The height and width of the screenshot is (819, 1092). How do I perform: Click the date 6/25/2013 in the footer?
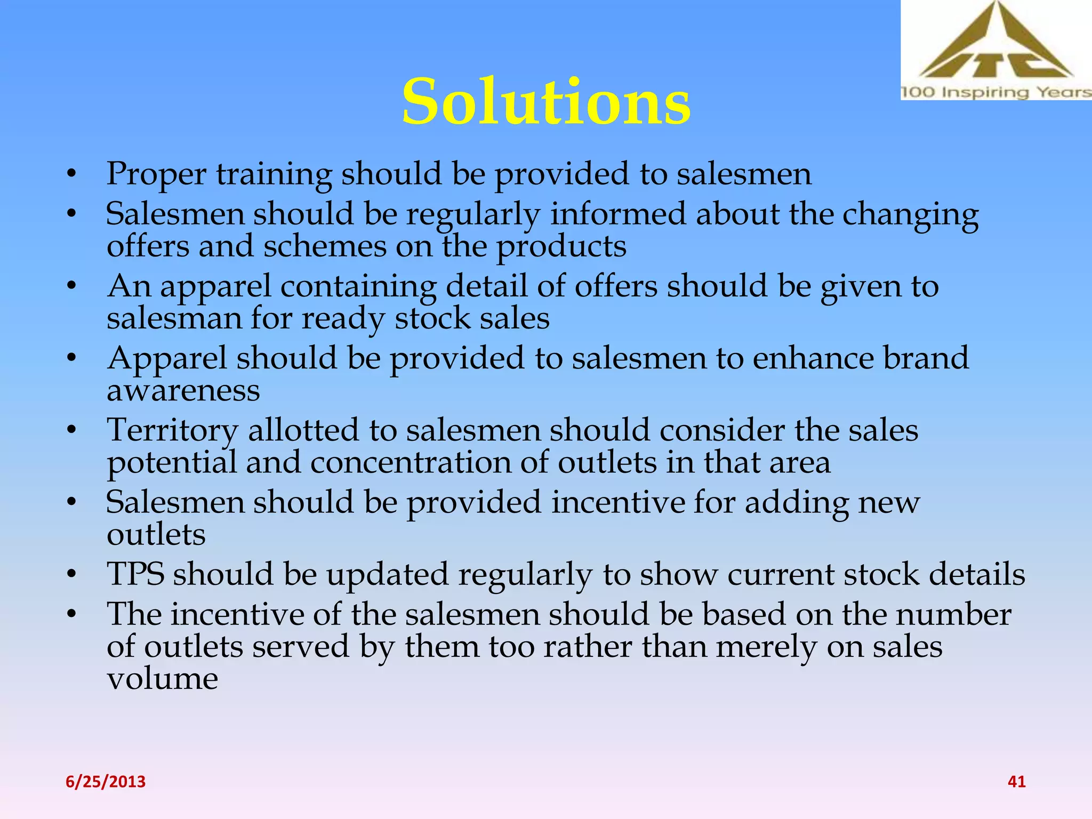pyautogui.click(x=106, y=782)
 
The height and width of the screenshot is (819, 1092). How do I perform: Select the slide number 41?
pyautogui.click(x=1016, y=782)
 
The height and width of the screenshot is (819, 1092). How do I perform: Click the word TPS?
pyautogui.click(x=135, y=574)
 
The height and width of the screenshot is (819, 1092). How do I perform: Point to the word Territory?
pyautogui.click(x=172, y=431)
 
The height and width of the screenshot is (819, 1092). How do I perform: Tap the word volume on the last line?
pyautogui.click(x=162, y=679)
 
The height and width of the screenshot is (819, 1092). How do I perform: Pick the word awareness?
pyautogui.click(x=183, y=391)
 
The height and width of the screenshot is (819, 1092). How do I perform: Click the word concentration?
pyautogui.click(x=411, y=462)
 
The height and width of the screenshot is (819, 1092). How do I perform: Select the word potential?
pyautogui.click(x=172, y=463)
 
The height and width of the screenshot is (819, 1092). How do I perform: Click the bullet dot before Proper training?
pyautogui.click(x=72, y=174)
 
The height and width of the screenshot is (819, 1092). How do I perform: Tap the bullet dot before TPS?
pyautogui.click(x=72, y=575)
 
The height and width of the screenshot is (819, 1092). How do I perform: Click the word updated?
pyautogui.click(x=387, y=575)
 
